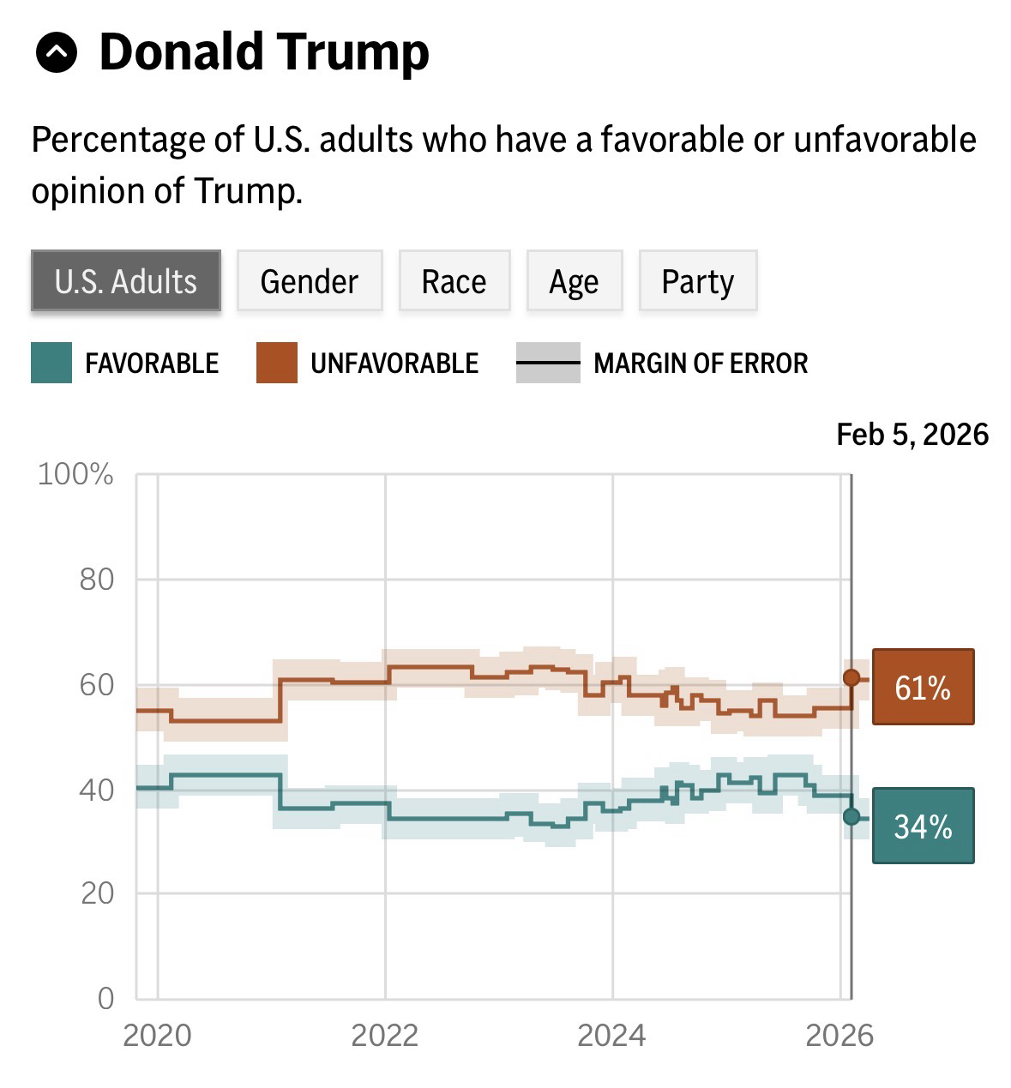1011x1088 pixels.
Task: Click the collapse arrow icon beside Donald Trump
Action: click(57, 54)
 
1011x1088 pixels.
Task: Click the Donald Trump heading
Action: click(264, 52)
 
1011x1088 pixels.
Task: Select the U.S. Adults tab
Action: click(126, 281)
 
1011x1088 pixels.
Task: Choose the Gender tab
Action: click(310, 281)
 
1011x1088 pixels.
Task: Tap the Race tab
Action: click(454, 281)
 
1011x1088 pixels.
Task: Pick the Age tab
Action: click(575, 281)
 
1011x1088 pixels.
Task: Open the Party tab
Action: click(698, 281)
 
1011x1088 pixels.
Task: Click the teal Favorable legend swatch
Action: click(51, 363)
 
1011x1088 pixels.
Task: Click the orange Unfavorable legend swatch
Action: click(277, 363)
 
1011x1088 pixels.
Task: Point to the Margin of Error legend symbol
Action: click(548, 363)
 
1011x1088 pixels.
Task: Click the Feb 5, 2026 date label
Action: click(912, 435)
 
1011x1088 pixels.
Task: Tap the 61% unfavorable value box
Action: click(923, 688)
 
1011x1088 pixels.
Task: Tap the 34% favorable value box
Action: click(923, 826)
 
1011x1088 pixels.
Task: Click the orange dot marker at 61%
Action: click(852, 678)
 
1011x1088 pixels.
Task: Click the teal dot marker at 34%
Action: click(852, 816)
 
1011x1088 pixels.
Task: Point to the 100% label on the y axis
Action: click(75, 474)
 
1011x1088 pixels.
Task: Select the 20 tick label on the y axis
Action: click(97, 893)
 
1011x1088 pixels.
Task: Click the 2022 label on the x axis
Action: click(385, 1036)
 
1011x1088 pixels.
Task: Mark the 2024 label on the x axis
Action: click(611, 1036)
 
